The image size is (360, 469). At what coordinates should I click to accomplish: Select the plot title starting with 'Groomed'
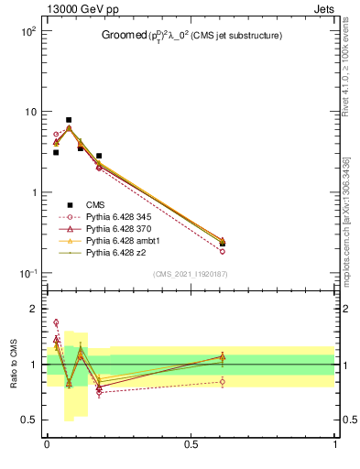click(x=191, y=36)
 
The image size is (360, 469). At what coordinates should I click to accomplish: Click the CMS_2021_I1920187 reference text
click(x=191, y=274)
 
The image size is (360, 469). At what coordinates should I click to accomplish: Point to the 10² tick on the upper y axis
click(x=27, y=31)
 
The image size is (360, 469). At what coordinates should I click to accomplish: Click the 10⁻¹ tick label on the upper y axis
click(x=27, y=274)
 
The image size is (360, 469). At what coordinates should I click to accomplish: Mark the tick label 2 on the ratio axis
click(x=32, y=309)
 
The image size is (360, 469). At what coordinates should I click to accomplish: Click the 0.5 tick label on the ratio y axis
click(x=28, y=420)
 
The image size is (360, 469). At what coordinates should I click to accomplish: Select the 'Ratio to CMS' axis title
click(x=14, y=364)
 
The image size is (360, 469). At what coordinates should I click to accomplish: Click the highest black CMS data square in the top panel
click(x=69, y=120)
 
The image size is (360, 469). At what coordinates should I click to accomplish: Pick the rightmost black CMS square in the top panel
click(x=223, y=244)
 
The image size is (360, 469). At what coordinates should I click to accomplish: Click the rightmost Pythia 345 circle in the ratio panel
click(x=223, y=382)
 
